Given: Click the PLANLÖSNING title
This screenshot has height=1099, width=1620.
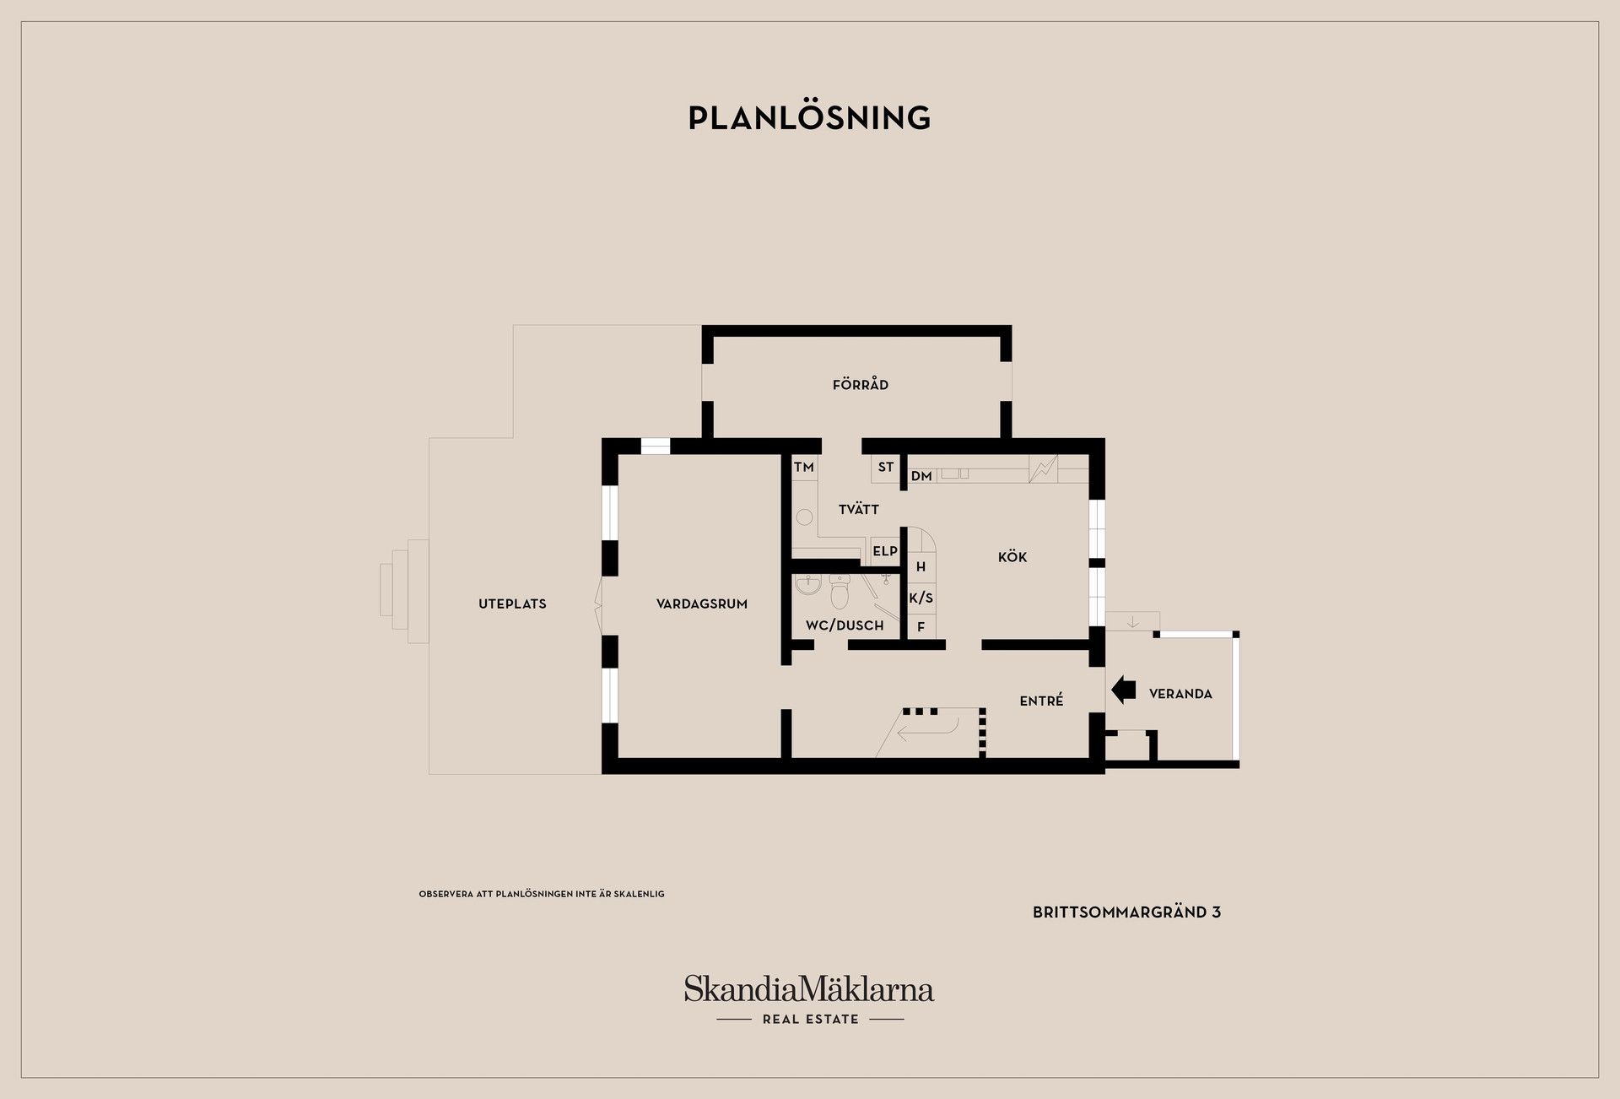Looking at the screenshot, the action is click(x=809, y=117).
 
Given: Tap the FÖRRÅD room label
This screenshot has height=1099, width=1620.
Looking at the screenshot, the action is click(x=860, y=384).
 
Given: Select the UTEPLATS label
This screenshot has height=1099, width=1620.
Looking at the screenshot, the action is click(x=512, y=604).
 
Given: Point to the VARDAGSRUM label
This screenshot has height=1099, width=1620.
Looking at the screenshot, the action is click(x=702, y=604).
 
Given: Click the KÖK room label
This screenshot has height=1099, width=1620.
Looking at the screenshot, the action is click(x=1012, y=557).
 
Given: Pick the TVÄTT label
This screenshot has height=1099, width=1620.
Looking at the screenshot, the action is click(x=859, y=509).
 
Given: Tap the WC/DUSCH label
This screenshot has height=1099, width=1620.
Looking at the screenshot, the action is click(x=845, y=625).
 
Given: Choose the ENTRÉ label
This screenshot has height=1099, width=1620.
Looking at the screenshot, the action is click(x=1041, y=701).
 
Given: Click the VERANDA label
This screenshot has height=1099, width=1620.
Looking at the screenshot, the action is click(x=1180, y=694).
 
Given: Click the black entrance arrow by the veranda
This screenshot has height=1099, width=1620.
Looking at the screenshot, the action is click(x=1123, y=690).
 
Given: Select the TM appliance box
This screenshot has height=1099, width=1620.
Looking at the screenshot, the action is click(x=804, y=468).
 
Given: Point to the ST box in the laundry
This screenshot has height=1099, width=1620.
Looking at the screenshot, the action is click(x=886, y=468).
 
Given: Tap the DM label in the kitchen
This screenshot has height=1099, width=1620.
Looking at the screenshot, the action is click(x=921, y=476).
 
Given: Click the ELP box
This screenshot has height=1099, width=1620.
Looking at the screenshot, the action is click(x=885, y=551).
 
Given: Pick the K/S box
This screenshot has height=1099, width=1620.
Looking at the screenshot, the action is click(x=921, y=598).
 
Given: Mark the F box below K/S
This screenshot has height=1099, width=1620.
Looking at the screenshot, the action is click(x=921, y=627).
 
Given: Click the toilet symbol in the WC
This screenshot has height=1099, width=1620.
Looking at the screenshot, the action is click(x=840, y=593).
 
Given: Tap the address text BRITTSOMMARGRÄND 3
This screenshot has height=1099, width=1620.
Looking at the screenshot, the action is click(x=1126, y=912).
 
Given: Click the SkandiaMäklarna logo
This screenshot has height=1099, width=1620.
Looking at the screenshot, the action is click(x=809, y=999).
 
